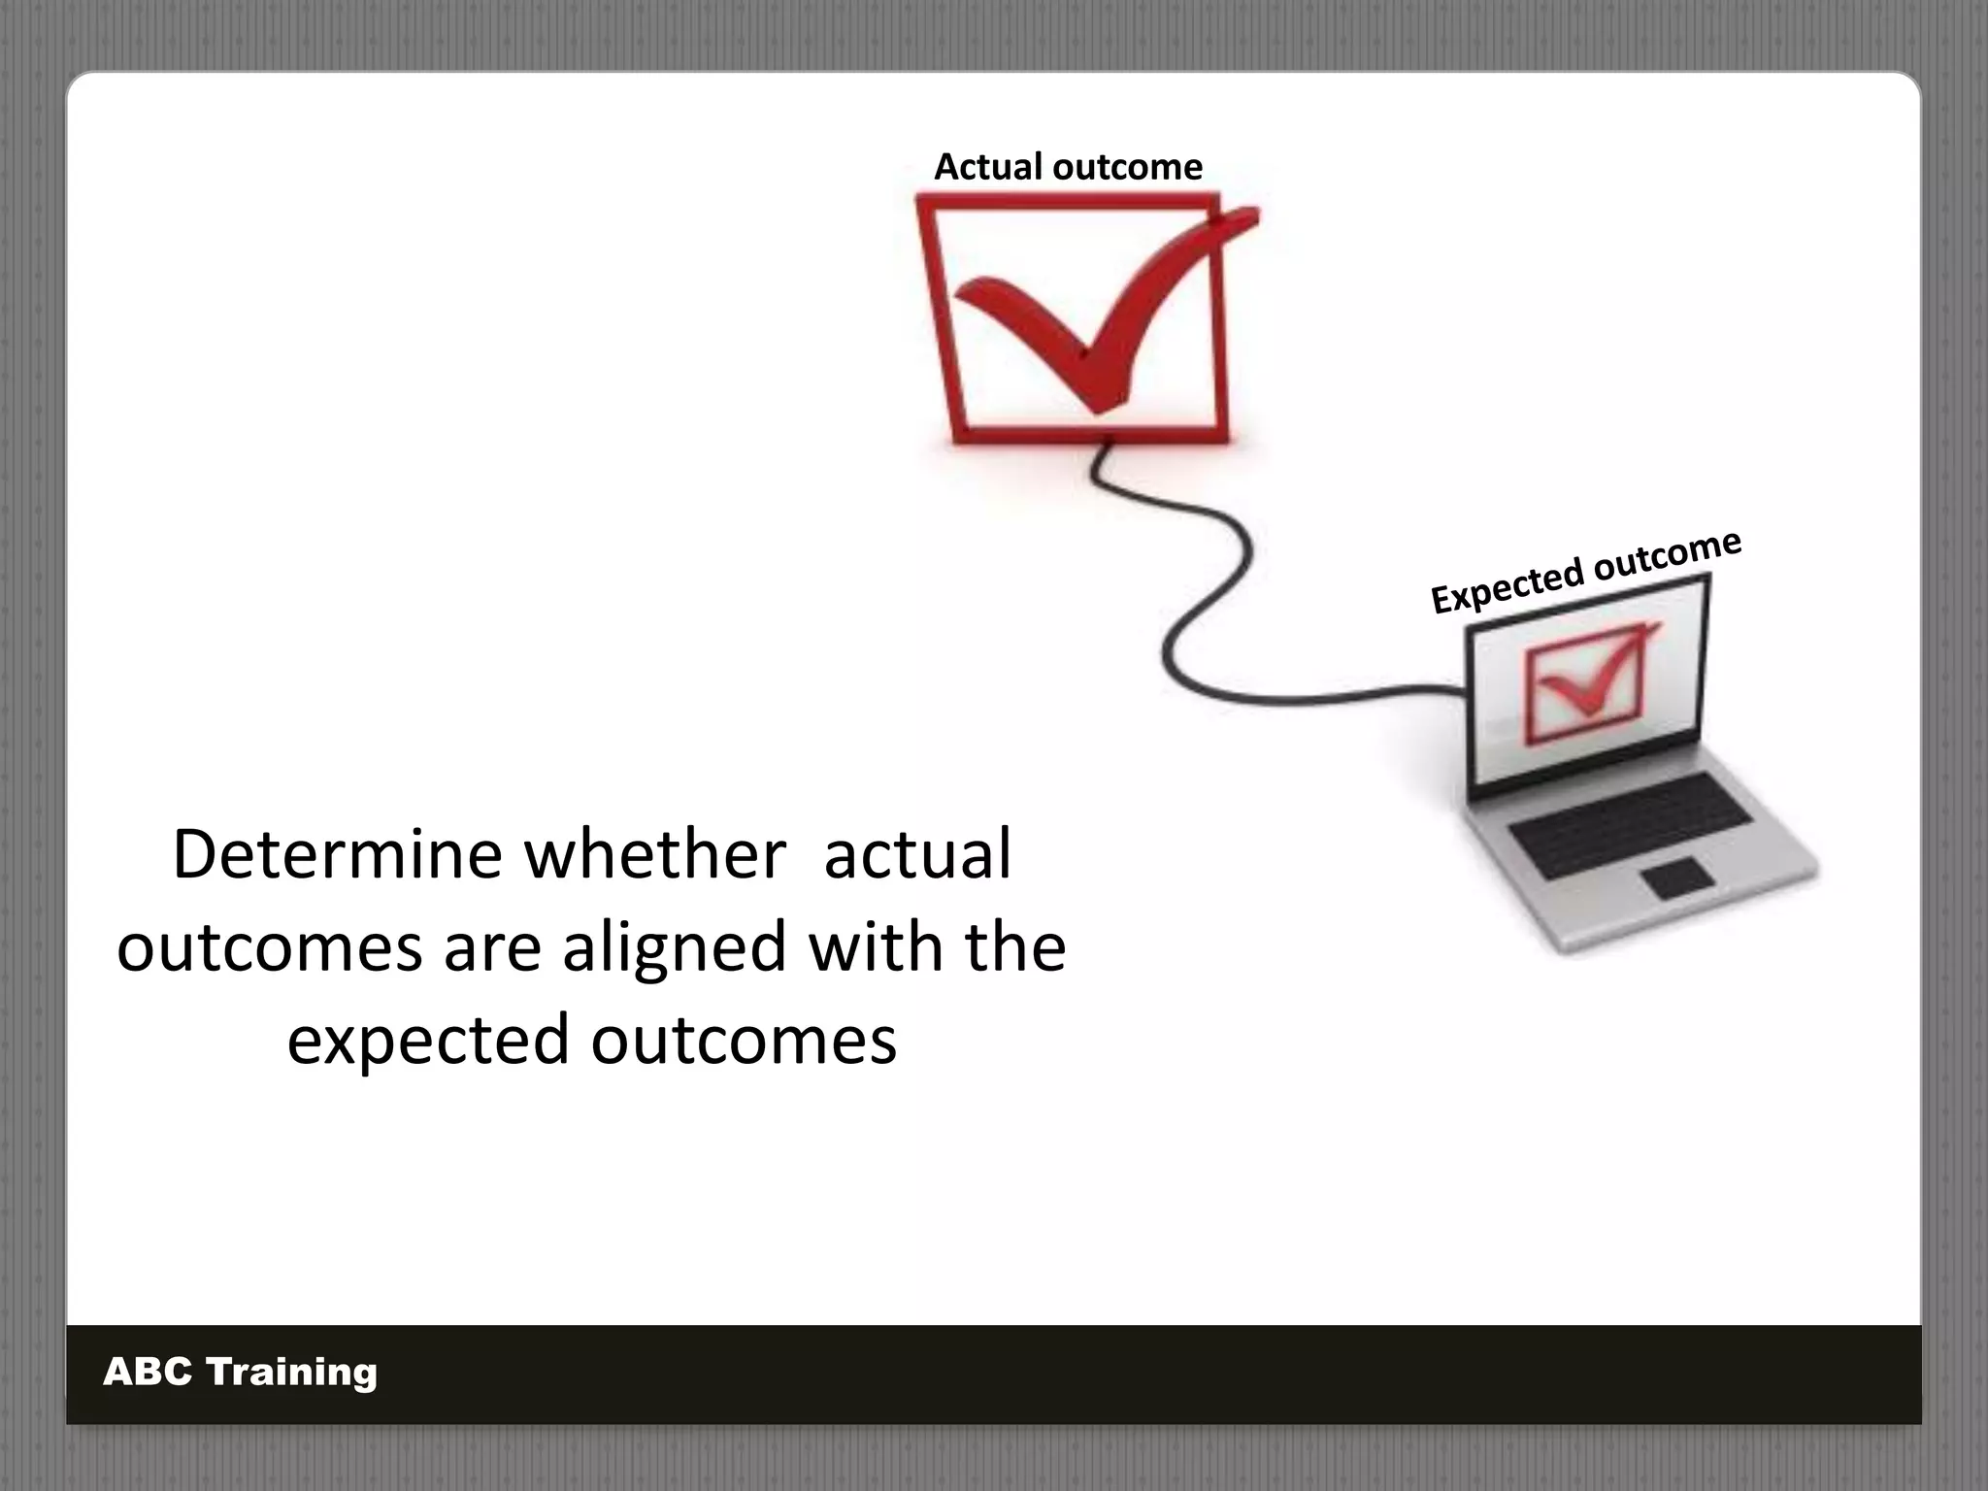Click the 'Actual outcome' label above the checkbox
click(1068, 167)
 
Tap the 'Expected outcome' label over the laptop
click(1585, 573)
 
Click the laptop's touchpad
click(1678, 877)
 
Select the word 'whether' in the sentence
click(654, 855)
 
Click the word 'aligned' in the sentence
click(675, 947)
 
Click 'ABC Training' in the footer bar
click(240, 1372)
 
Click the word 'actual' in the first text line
click(917, 855)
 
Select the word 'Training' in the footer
click(291, 1372)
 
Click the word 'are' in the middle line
click(492, 947)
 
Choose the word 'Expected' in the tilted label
click(1503, 587)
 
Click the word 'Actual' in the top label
click(987, 167)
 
